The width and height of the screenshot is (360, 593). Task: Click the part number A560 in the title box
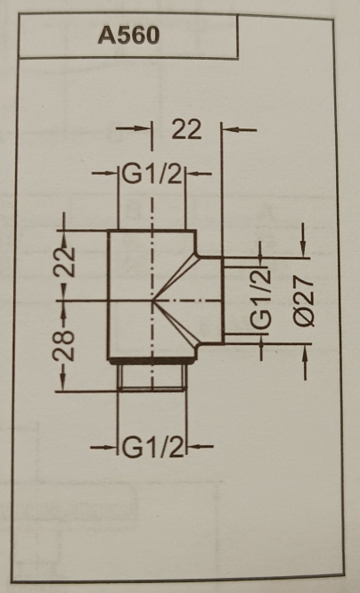point(128,36)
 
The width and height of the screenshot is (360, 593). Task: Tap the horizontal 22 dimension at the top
point(186,129)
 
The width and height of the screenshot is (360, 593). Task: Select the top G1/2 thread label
point(152,175)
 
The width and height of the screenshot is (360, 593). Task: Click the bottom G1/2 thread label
point(152,447)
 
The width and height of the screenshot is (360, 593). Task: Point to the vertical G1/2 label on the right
point(261,298)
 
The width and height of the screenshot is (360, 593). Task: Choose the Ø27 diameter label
point(304,301)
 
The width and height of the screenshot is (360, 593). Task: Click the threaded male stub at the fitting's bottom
point(152,377)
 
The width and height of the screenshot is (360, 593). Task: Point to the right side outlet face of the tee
point(223,301)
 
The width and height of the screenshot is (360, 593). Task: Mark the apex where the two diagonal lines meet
point(152,301)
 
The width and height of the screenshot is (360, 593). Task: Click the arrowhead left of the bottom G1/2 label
point(110,447)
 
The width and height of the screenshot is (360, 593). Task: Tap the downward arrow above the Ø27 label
point(303,240)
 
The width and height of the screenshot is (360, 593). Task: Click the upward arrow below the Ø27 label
point(305,362)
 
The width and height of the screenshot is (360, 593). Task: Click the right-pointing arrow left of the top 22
point(134,128)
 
